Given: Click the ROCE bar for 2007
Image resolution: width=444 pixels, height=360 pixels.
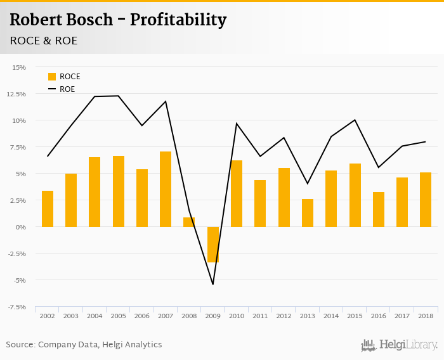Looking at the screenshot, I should pyautogui.click(x=166, y=189).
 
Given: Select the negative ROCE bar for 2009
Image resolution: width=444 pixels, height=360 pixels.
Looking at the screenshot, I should pyautogui.click(x=213, y=244).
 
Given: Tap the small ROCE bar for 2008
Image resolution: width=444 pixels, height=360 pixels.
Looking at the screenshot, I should pyautogui.click(x=189, y=222).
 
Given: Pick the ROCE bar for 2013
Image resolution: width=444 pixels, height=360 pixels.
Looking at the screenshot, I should pyautogui.click(x=308, y=213).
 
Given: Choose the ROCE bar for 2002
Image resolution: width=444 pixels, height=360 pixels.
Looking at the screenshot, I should pyautogui.click(x=48, y=209).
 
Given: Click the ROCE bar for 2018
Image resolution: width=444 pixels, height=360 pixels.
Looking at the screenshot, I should pyautogui.click(x=426, y=200).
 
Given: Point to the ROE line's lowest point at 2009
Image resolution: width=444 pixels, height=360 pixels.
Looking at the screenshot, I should pyautogui.click(x=212, y=284).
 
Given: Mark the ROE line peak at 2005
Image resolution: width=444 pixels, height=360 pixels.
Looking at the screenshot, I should pyautogui.click(x=119, y=96).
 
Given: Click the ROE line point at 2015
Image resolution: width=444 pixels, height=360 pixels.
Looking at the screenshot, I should pyautogui.click(x=355, y=120).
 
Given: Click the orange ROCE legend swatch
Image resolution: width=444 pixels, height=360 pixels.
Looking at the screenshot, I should pyautogui.click(x=52, y=77).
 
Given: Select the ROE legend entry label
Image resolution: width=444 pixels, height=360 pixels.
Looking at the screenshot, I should pyautogui.click(x=67, y=89).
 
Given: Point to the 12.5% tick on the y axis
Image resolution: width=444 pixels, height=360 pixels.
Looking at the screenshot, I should pyautogui.click(x=18, y=94).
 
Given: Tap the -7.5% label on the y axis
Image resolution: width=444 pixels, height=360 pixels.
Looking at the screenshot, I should pyautogui.click(x=17, y=307).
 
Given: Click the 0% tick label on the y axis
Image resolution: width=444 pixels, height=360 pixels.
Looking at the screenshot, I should pyautogui.click(x=22, y=227).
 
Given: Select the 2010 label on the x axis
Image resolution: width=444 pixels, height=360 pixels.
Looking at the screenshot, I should pyautogui.click(x=237, y=315).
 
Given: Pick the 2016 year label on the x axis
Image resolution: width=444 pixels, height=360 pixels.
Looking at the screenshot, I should pyautogui.click(x=378, y=315).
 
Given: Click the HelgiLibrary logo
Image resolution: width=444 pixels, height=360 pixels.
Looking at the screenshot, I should pyautogui.click(x=399, y=345).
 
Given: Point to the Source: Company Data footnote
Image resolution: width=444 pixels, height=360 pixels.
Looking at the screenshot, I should pyautogui.click(x=84, y=345).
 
